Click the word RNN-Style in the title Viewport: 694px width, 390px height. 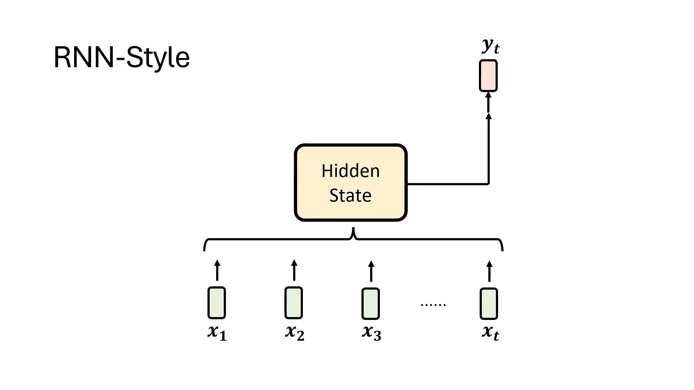(121, 57)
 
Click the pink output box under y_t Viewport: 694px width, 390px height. (488, 76)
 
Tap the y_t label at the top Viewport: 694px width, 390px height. (490, 46)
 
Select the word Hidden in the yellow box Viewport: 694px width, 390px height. (351, 171)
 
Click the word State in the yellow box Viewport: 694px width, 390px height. (350, 195)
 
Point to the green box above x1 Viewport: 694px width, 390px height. (217, 303)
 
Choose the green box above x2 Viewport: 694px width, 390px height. (294, 303)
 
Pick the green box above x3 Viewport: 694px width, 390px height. (371, 304)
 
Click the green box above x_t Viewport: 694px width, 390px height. (489, 304)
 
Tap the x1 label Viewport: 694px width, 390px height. (217, 332)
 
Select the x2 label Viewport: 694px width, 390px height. (295, 332)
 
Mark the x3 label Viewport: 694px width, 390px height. (372, 332)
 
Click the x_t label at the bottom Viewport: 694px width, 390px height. (490, 332)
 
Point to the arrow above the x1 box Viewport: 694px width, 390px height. (217, 270)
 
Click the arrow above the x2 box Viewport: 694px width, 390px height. (294, 270)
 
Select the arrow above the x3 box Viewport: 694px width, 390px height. (371, 271)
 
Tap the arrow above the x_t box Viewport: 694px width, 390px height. (489, 271)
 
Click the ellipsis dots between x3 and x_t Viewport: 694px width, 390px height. (433, 305)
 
